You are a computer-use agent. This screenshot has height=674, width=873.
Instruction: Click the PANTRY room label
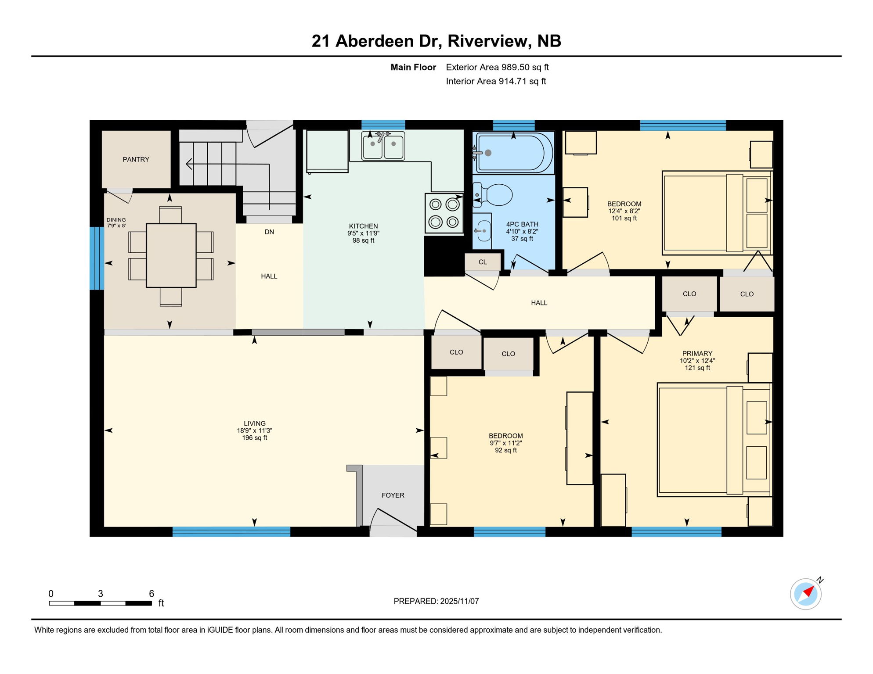tap(136, 159)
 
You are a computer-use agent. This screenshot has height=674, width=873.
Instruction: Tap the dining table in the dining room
tap(171, 255)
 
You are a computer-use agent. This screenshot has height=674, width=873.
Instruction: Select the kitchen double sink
tap(383, 146)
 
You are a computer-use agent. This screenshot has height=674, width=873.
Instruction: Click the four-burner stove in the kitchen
tap(444, 213)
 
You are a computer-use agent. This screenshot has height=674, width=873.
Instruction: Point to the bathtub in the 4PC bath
tap(514, 153)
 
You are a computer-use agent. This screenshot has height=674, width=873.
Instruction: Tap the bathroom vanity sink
tap(483, 231)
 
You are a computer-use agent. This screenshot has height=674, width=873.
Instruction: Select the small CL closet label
tap(483, 262)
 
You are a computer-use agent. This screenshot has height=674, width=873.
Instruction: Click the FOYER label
tap(393, 495)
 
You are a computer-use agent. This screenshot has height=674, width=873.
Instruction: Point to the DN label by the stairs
tap(269, 232)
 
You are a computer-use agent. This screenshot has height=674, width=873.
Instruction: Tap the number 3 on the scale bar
tap(101, 594)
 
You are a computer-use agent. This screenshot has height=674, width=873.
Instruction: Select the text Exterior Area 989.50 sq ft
tap(497, 67)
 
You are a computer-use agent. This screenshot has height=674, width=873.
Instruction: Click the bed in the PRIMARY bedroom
tap(714, 440)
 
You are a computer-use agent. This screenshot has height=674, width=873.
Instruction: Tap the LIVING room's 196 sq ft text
tap(255, 438)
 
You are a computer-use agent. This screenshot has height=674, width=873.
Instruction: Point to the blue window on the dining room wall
tap(97, 258)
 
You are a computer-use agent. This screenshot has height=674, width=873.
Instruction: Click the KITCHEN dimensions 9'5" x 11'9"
tap(363, 233)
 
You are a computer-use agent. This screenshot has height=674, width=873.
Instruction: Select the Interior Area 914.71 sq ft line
tap(496, 81)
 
